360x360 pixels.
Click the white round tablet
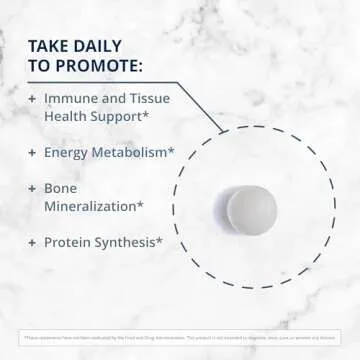[250, 210]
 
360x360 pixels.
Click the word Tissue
[147, 98]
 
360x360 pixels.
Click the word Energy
[69, 152]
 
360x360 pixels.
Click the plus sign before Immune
[32, 98]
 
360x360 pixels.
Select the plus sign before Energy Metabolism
[32, 152]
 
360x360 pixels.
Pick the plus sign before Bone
[32, 188]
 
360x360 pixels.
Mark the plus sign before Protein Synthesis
[32, 242]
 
